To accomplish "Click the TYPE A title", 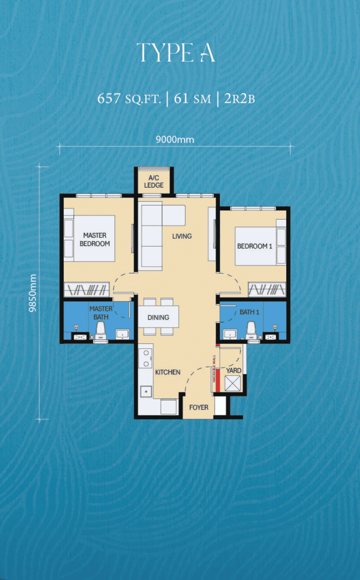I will (x=176, y=52).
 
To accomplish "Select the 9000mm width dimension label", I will (x=174, y=139).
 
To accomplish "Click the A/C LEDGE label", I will (x=154, y=182).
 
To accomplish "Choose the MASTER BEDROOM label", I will (x=95, y=239).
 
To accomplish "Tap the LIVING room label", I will (x=182, y=236).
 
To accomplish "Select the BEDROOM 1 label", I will (x=255, y=246).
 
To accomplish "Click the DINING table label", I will (x=158, y=317).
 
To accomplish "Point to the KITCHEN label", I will (x=167, y=372).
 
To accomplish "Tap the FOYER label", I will (x=199, y=407).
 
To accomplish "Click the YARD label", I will (x=233, y=371).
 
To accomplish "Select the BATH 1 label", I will (x=249, y=312).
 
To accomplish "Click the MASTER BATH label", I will (x=101, y=312).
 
